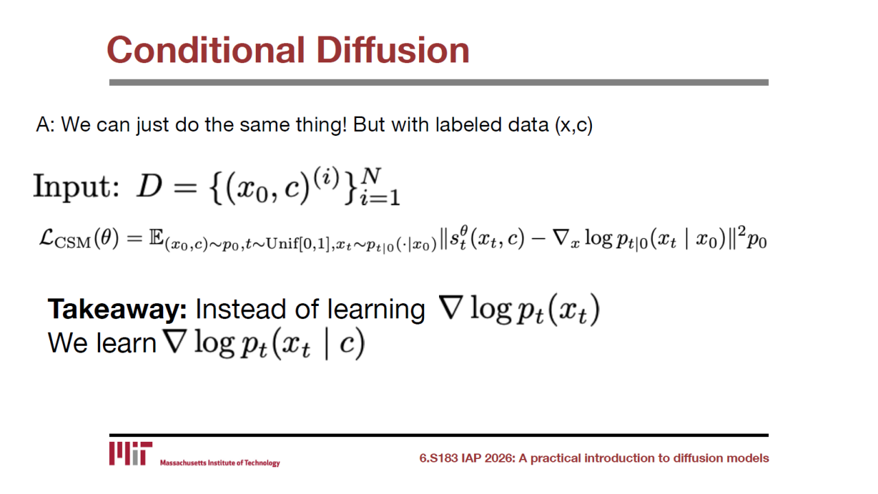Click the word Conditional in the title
(x=206, y=50)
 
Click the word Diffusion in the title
(x=393, y=50)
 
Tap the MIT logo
(x=130, y=454)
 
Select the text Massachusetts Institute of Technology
(x=220, y=463)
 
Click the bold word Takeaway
(x=117, y=309)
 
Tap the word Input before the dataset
(x=76, y=187)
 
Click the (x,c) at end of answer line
(x=574, y=125)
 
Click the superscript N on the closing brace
(x=371, y=176)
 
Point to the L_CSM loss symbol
(x=65, y=239)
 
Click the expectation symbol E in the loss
(x=156, y=237)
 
